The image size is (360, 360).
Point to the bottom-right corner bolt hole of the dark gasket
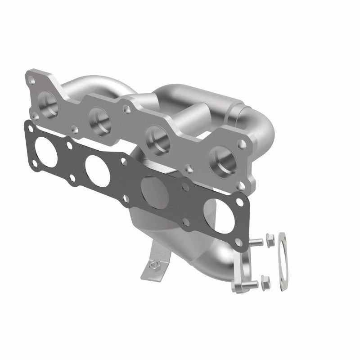[239, 244]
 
